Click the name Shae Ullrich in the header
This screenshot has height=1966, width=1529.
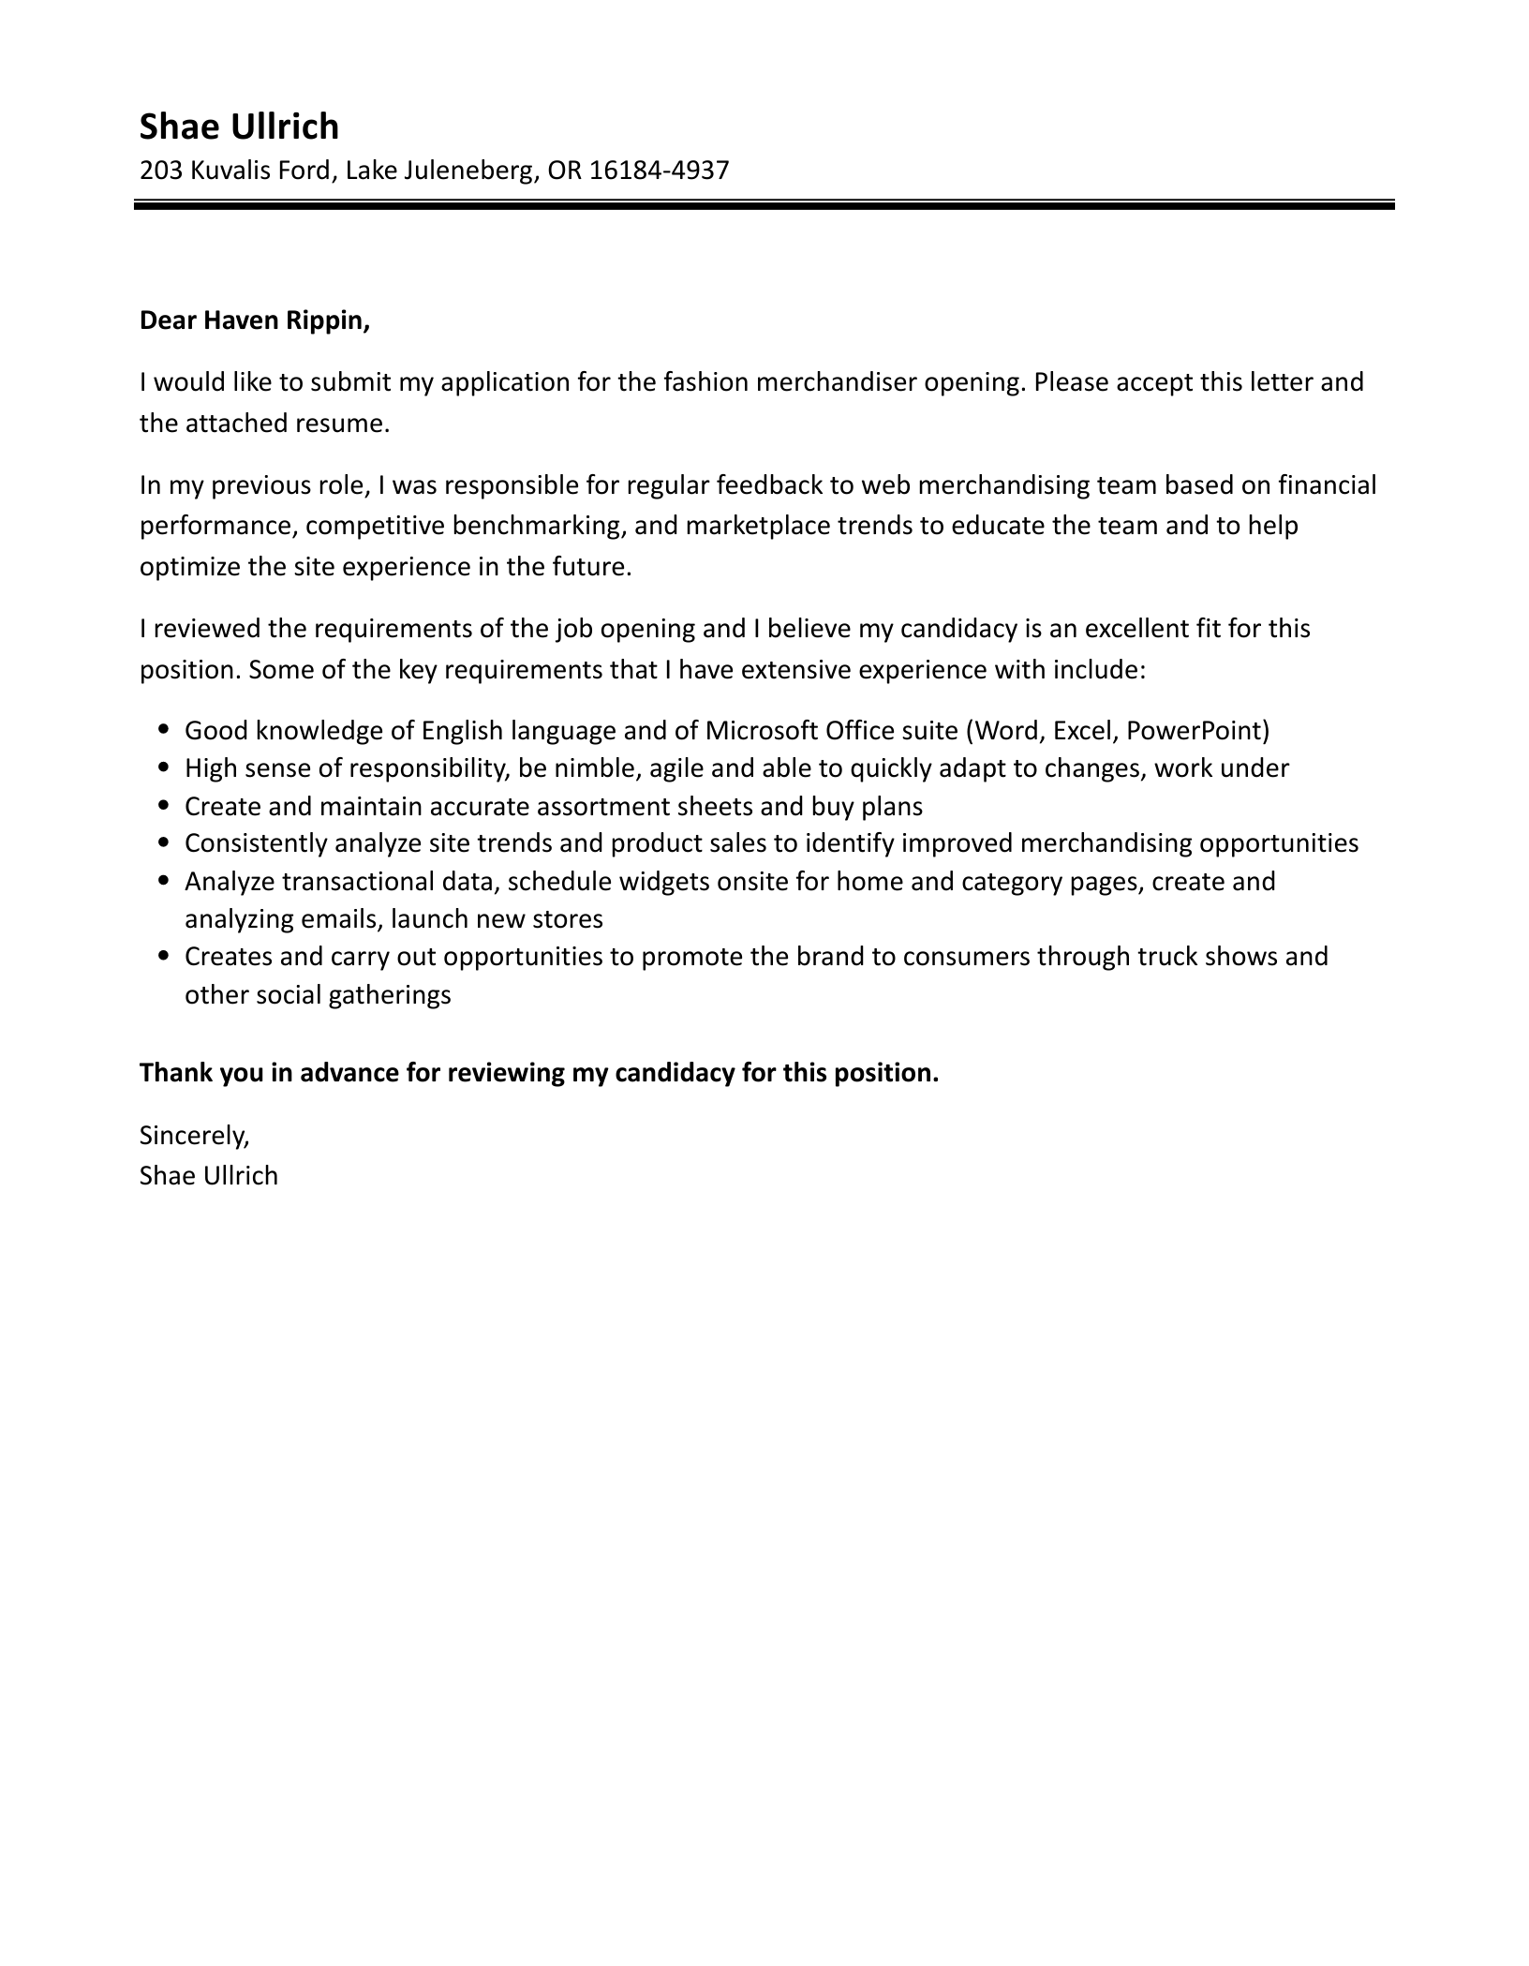[239, 127]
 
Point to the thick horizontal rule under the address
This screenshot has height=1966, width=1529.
[764, 204]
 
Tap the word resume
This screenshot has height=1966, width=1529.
[342, 424]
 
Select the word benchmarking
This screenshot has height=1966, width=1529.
[538, 526]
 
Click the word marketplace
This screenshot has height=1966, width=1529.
[757, 526]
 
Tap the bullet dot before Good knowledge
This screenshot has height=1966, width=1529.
[165, 729]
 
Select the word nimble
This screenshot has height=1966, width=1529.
[597, 768]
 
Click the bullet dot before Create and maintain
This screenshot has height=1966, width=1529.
[165, 805]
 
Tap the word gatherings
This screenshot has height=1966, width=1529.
[391, 995]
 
